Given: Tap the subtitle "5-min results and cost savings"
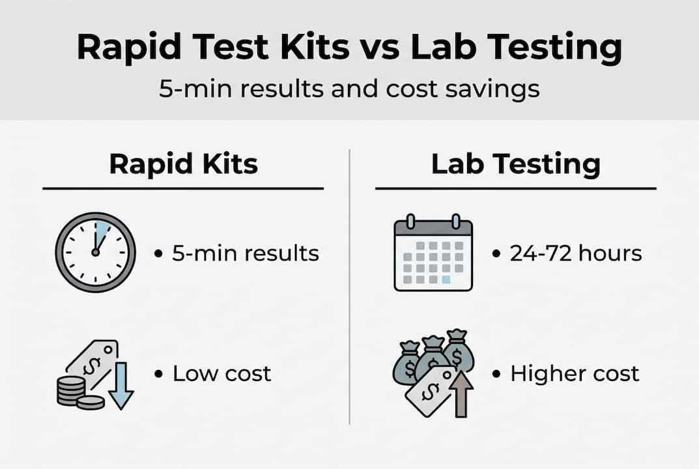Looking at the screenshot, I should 349,88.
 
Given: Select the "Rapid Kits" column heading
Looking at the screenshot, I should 183,164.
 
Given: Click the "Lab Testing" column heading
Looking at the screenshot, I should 515,164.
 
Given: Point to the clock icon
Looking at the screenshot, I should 95,252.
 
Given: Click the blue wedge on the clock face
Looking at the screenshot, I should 102,233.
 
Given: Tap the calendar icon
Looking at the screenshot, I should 433,255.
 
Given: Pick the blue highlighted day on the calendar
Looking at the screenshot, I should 446,279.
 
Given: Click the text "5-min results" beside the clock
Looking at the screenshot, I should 246,253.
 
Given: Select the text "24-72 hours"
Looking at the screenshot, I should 576,253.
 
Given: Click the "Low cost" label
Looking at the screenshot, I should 221,374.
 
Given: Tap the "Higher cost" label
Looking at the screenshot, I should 575,374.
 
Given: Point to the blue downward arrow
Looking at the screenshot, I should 122,388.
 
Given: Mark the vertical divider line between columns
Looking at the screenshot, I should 350,287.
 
